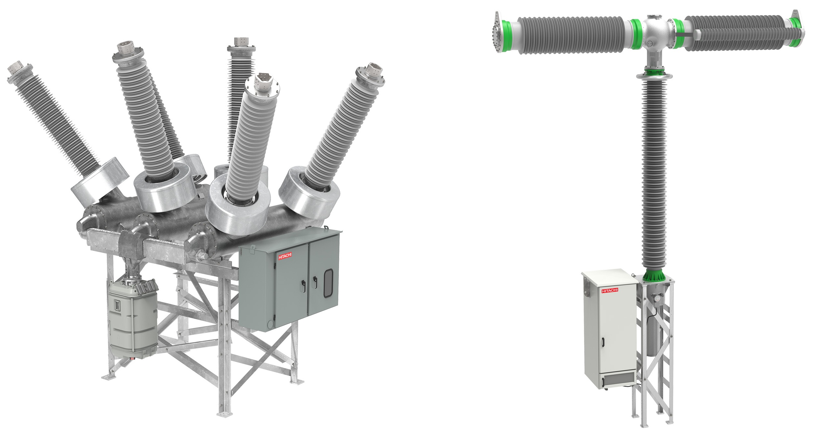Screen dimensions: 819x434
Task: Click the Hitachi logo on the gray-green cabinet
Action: (285, 256)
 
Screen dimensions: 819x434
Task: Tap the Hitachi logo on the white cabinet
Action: (610, 290)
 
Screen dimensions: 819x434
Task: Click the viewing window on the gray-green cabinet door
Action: (328, 283)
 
